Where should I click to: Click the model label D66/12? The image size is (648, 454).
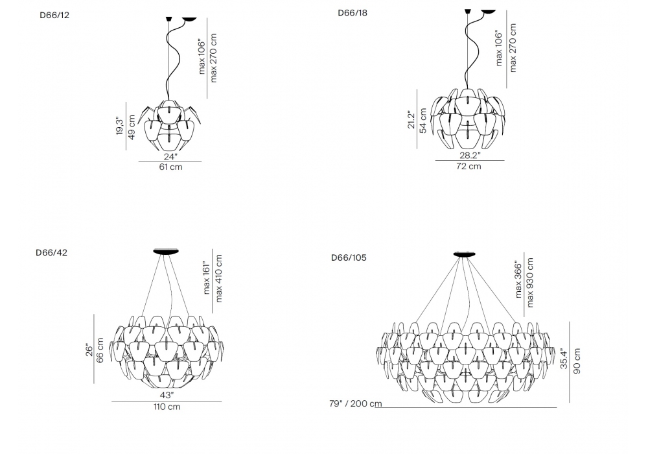(x=54, y=15)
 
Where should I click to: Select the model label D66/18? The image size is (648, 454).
(x=353, y=13)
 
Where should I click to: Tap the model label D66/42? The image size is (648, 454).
(x=51, y=253)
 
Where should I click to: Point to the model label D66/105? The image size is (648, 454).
(x=349, y=257)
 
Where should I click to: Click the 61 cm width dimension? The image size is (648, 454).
(x=170, y=167)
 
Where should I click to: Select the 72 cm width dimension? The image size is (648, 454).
(x=469, y=166)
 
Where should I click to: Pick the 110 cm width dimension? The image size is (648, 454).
(x=166, y=407)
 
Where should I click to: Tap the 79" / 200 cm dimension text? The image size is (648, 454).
(x=355, y=403)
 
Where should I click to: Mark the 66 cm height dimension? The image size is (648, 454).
(x=100, y=350)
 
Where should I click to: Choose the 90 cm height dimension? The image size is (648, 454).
(x=577, y=361)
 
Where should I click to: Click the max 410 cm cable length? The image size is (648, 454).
(x=219, y=278)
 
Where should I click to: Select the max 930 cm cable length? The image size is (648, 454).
(x=530, y=282)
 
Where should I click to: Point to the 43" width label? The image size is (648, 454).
(x=167, y=395)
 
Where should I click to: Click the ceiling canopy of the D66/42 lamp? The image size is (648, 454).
(x=168, y=251)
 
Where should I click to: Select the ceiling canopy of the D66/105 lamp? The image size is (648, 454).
(x=463, y=254)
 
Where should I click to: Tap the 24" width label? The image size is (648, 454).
(x=170, y=156)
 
